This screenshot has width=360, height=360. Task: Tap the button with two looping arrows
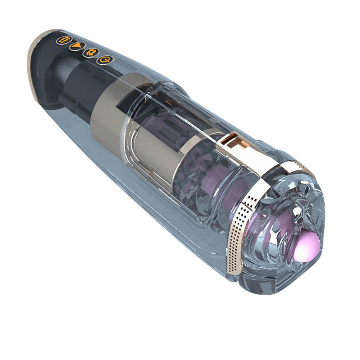(90, 53)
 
